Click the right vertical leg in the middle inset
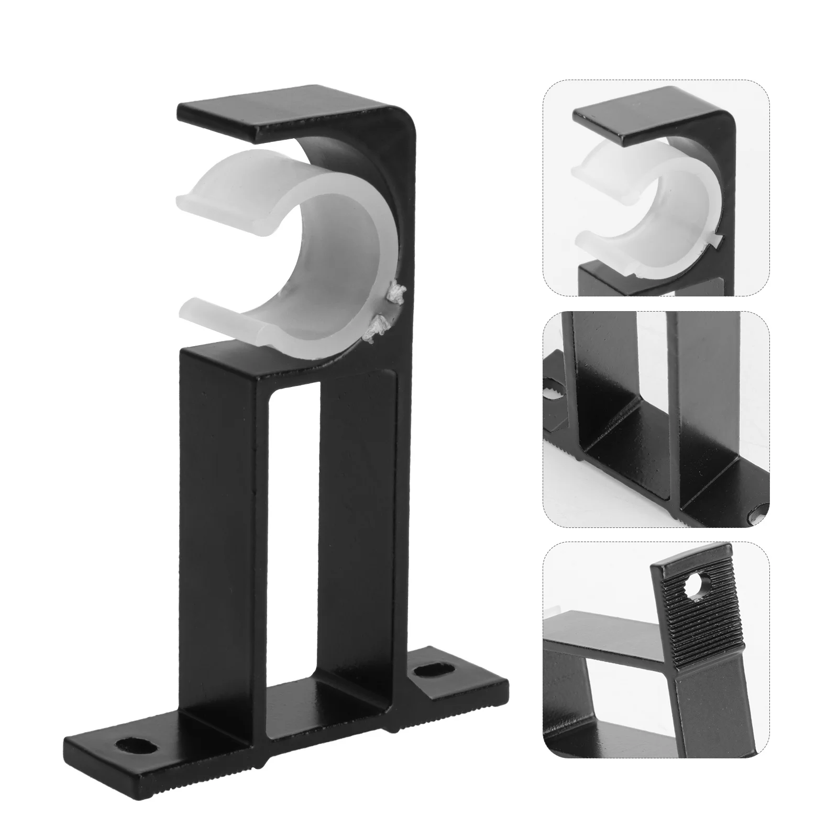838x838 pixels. point(702,398)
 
